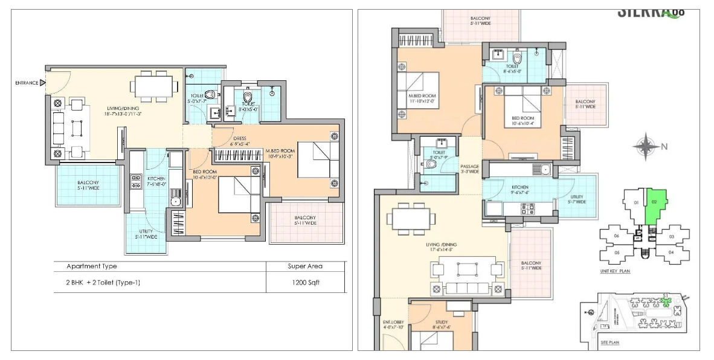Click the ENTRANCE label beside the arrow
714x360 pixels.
(x=27, y=83)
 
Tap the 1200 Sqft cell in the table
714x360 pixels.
(x=305, y=282)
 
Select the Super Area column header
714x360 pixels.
(x=305, y=266)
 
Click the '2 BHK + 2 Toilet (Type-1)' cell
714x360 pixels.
(x=103, y=282)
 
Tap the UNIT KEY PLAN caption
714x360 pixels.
(x=615, y=272)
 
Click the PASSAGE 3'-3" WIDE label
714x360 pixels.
(x=469, y=169)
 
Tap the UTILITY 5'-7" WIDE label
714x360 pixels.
(x=577, y=199)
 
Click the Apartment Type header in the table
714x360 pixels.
(x=92, y=266)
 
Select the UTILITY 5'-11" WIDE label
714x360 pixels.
(x=146, y=234)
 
